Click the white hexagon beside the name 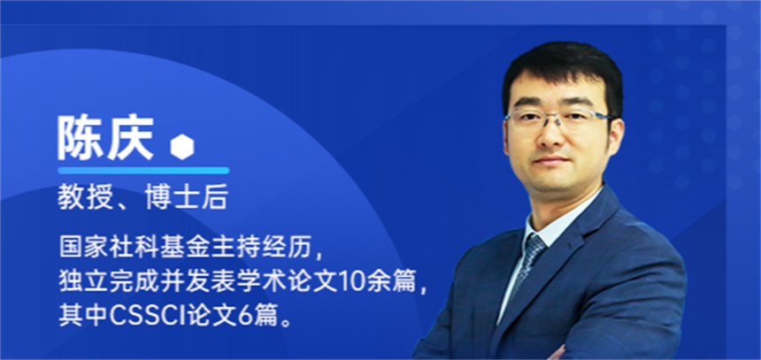[x=182, y=146]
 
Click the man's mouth [x=553, y=162]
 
